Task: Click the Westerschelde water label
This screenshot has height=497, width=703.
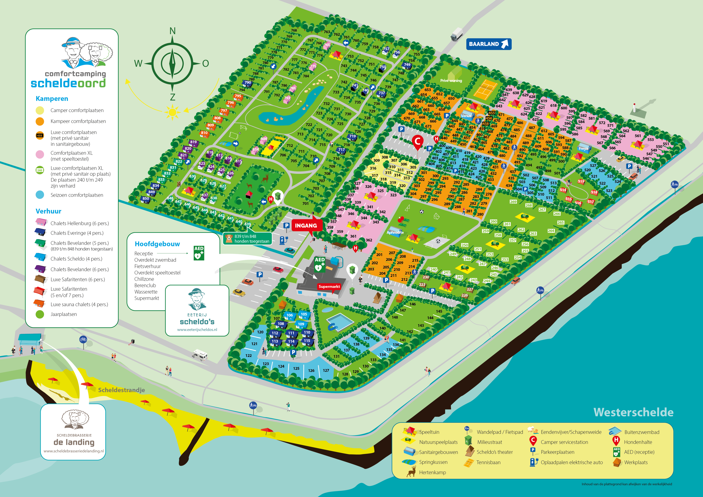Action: point(633,412)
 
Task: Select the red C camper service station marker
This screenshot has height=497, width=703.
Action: point(417,141)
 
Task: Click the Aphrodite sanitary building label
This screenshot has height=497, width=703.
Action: point(395,232)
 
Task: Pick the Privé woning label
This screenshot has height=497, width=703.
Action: point(451,80)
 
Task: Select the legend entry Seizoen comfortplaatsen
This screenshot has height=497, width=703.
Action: point(77,195)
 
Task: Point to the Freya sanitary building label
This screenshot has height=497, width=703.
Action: point(583,148)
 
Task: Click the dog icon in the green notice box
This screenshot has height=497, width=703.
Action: point(229,238)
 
